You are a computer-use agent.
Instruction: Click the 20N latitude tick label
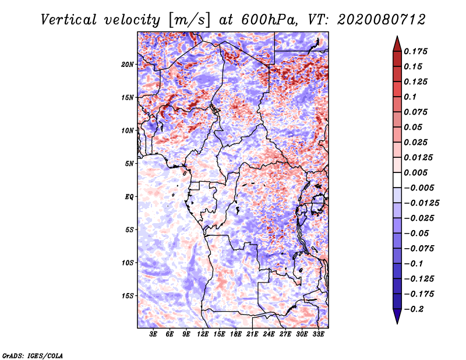(x=128, y=65)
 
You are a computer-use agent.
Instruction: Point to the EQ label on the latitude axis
(x=129, y=197)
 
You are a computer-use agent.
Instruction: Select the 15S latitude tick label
(x=128, y=296)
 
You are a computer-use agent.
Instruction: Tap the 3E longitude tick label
(x=153, y=334)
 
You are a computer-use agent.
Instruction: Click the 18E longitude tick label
(x=236, y=334)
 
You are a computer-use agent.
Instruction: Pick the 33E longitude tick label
(x=318, y=334)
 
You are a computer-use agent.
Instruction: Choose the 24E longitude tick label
(x=269, y=334)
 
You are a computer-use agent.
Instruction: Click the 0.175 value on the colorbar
(x=415, y=51)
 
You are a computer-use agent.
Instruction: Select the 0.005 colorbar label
(x=415, y=172)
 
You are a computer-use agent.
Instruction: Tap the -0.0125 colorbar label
(x=421, y=203)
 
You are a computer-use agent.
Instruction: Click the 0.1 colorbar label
(x=410, y=97)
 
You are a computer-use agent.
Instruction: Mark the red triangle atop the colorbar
(x=397, y=44)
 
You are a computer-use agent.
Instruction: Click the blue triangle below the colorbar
(x=397, y=316)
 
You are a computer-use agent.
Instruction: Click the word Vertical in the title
(x=69, y=20)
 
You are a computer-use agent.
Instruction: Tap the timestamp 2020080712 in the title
(x=382, y=20)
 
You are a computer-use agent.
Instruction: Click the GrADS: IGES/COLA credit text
(x=33, y=355)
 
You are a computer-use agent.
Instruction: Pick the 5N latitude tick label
(x=129, y=164)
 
